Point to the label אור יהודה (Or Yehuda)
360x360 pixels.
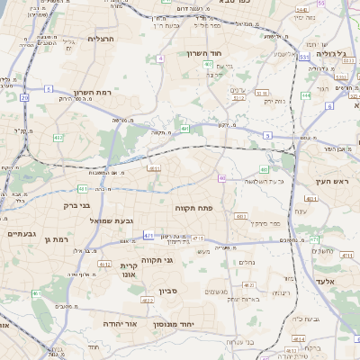119,322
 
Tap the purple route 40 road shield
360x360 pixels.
221,178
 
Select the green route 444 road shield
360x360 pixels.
306,94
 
